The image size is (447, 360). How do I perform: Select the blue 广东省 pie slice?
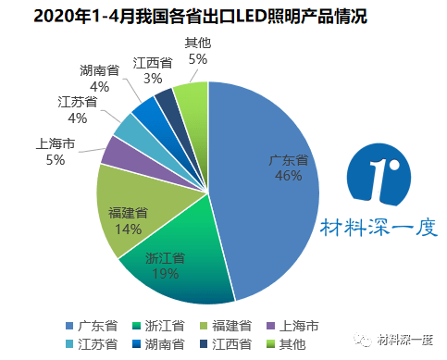[268, 213]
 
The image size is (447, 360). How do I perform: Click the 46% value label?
[288, 178]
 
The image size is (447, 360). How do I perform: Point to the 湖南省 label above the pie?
[100, 70]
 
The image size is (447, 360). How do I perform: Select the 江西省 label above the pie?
[153, 62]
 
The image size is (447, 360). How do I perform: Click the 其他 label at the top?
[197, 43]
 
